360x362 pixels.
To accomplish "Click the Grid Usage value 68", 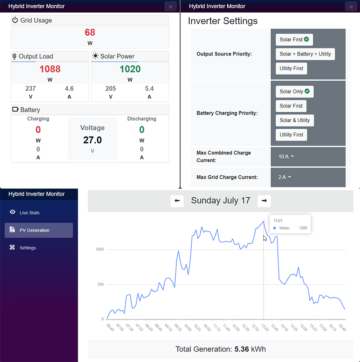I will (90, 33).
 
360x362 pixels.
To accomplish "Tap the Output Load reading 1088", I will (50, 69).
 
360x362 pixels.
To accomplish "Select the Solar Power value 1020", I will (130, 69).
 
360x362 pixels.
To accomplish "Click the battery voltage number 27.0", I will (92, 140).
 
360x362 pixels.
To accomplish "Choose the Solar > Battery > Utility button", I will (305, 54).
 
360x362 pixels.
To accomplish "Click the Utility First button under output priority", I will (291, 68).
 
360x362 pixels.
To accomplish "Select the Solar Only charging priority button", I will (295, 91).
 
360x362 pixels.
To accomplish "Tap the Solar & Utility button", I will (295, 120).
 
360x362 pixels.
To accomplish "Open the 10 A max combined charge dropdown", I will (286, 157).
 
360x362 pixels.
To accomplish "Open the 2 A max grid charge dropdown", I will (285, 177).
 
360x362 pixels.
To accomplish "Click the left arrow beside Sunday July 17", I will (177, 201).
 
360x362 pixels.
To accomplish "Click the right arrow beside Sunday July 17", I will (264, 201).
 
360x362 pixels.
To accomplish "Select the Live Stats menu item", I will (29, 213).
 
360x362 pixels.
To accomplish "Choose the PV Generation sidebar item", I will (34, 230).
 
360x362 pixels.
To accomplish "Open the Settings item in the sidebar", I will (28, 248).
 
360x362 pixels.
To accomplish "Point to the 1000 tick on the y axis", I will (99, 249).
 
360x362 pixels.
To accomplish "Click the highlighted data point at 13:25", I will (263, 222).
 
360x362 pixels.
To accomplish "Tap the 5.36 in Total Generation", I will (242, 349).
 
